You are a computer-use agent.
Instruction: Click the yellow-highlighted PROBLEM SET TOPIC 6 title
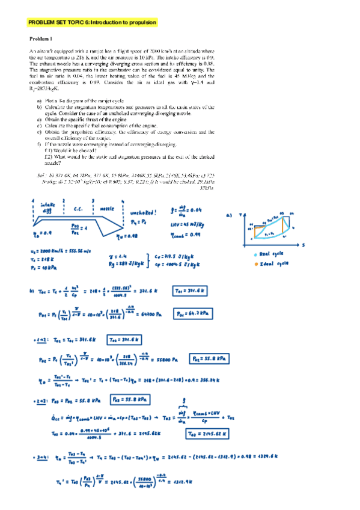(93, 22)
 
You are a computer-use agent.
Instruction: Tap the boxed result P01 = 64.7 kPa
(191, 313)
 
